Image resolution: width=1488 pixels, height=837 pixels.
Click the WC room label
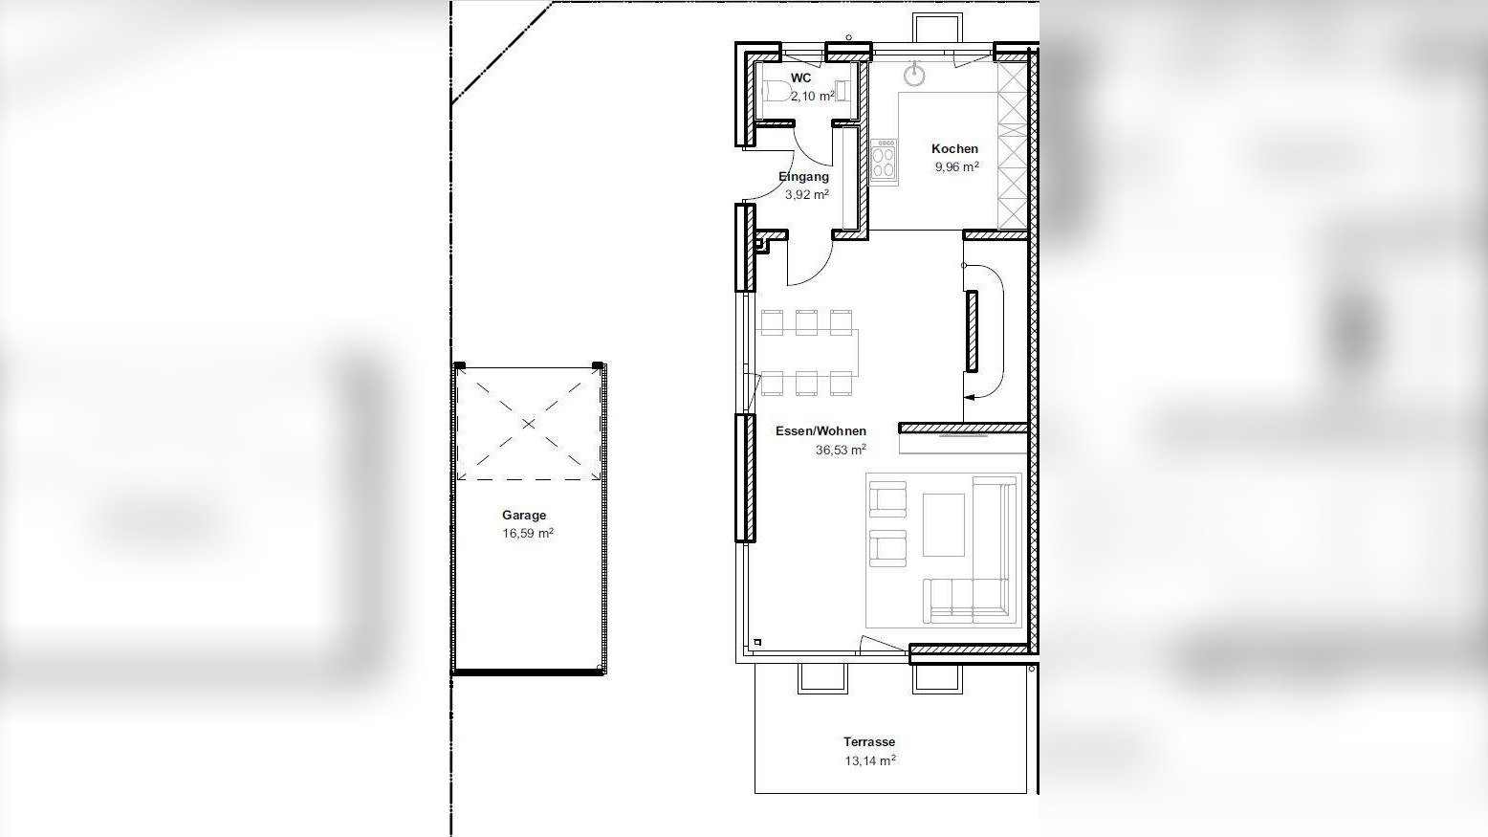click(800, 77)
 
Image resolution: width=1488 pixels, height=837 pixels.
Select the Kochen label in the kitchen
click(954, 149)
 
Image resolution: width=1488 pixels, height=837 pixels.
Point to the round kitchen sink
click(915, 76)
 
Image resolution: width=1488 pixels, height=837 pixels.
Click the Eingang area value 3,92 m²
click(807, 194)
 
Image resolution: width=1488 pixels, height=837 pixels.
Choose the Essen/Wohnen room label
click(821, 431)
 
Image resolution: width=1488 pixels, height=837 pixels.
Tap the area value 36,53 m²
click(841, 450)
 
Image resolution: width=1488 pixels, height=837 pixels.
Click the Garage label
click(524, 515)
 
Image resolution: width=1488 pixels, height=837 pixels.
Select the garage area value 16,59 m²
click(528, 534)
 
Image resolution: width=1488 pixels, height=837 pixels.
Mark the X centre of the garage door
click(528, 424)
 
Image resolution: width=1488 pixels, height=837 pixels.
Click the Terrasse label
click(869, 742)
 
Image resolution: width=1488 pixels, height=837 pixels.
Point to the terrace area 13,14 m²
click(870, 760)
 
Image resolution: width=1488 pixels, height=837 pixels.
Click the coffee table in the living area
click(943, 525)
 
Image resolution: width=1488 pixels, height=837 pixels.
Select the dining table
click(806, 353)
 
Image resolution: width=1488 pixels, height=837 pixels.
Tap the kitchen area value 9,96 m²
click(957, 166)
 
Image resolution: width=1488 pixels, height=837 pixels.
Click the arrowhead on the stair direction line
click(969, 397)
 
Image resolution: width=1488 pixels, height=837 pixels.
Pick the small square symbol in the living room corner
click(757, 642)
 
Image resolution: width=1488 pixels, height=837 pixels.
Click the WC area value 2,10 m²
click(813, 97)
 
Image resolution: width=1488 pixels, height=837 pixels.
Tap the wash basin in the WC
click(842, 90)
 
